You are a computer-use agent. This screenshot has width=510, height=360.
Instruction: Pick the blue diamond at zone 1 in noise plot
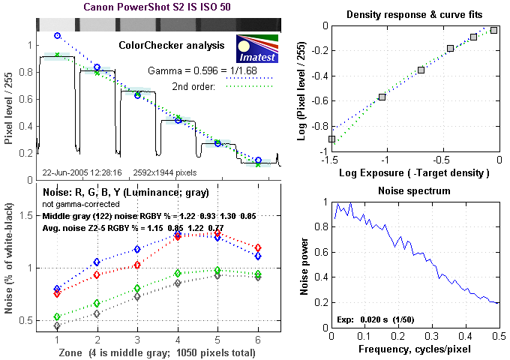coord(57,289)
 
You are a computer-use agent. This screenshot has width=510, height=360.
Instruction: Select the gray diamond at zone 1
coord(57,326)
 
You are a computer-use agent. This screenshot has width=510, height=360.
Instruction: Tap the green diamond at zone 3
coord(137,288)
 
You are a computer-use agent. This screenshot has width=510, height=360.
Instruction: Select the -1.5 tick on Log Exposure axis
coord(331,160)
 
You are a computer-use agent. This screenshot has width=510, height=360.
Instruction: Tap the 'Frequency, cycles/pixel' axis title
coord(415,349)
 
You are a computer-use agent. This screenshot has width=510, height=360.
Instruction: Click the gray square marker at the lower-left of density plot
coord(331,139)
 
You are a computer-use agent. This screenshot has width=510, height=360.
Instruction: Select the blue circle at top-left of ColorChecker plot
coord(57,35)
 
